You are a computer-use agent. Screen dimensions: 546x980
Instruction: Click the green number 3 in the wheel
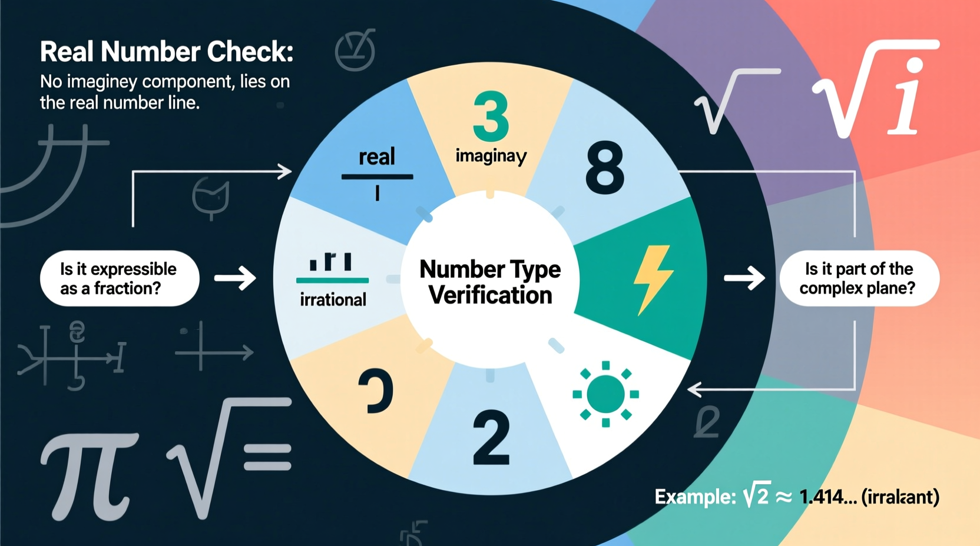(491, 116)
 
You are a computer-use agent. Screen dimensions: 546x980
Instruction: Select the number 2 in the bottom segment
(491, 438)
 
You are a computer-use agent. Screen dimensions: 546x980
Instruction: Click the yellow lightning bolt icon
(652, 279)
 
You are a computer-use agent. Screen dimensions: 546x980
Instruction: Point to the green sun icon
(605, 394)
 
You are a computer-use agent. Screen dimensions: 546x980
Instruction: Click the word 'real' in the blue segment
(377, 157)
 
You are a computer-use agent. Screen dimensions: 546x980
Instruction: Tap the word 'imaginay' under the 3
(491, 156)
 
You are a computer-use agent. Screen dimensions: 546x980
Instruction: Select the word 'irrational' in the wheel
(333, 299)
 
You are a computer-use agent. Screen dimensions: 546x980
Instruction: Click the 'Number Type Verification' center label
(490, 282)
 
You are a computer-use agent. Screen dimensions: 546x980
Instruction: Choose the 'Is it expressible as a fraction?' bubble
(120, 278)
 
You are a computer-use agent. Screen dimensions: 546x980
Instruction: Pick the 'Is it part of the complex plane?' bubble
(859, 278)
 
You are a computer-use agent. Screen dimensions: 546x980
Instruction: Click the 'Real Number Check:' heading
(167, 52)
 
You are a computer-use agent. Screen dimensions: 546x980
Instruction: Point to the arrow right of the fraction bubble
(235, 278)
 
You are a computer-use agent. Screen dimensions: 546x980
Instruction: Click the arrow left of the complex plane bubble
(744, 278)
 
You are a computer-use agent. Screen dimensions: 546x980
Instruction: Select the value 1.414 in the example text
(827, 497)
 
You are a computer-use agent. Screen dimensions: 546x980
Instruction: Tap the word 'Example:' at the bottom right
(695, 497)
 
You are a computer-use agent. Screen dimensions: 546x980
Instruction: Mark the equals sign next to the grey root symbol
(268, 458)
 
